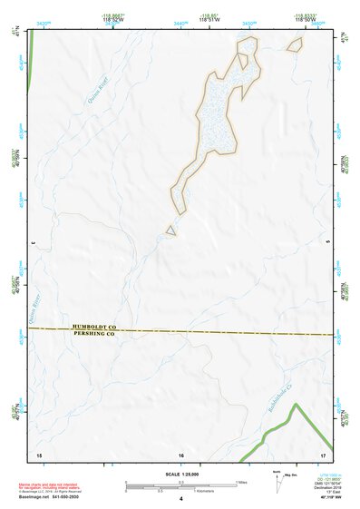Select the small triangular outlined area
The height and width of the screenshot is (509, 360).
170,230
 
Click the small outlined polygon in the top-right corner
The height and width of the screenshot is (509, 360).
294,44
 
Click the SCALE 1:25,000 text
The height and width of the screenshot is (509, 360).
180,474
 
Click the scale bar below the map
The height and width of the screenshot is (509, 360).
181,485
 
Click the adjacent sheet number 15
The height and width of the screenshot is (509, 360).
38,453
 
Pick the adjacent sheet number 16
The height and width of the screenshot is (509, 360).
181,453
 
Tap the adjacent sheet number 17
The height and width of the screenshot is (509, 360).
322,453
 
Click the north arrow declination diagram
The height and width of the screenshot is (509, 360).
280,477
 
